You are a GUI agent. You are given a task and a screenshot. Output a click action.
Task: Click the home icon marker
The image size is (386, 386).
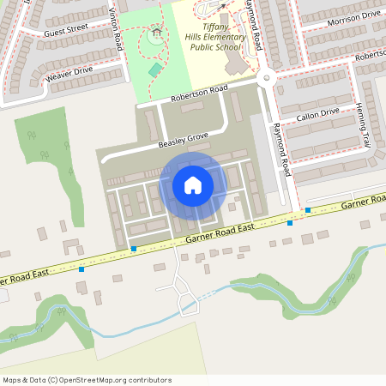tap(192, 184)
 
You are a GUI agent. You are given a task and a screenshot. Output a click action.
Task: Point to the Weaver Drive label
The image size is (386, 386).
tap(71, 74)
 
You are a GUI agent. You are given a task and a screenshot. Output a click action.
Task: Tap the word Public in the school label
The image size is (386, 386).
tap(202, 48)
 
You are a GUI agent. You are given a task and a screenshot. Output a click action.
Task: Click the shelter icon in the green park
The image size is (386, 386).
tap(155, 36)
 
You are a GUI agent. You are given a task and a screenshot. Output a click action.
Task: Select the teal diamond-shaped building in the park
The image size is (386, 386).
tap(155, 69)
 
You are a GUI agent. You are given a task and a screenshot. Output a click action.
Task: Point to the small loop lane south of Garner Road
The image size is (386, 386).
tap(187, 302)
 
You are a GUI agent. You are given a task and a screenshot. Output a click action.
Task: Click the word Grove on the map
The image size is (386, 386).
tap(197, 136)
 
